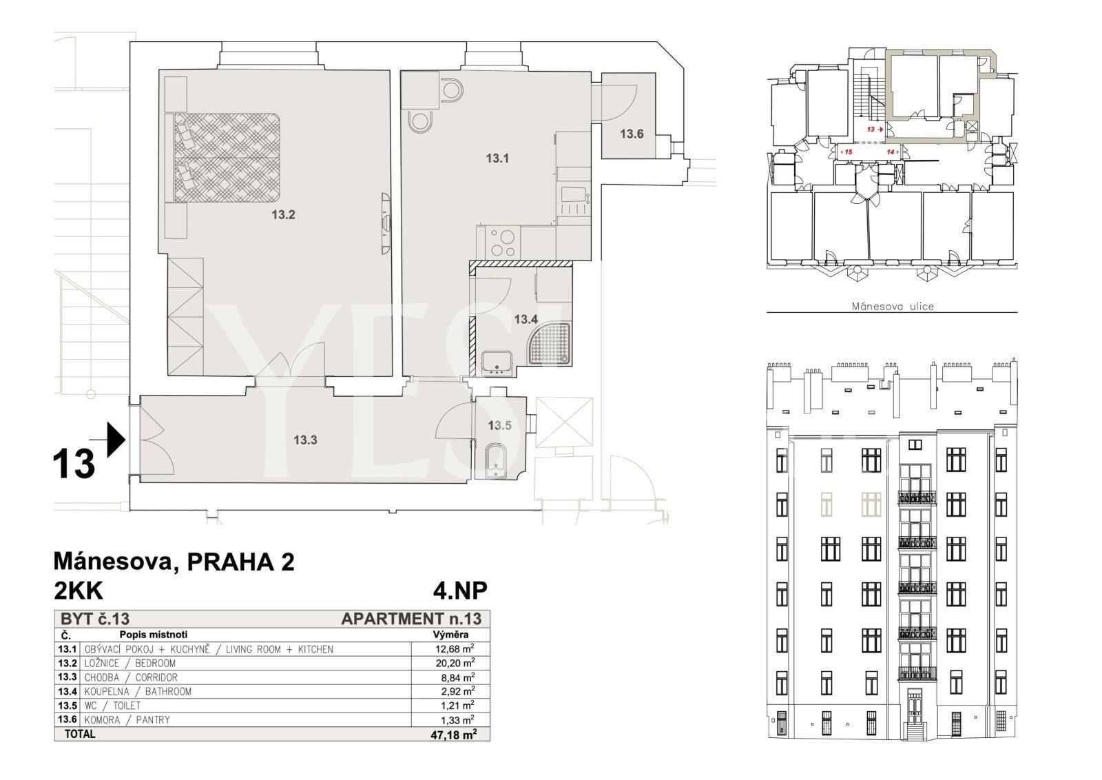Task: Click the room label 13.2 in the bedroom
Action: point(283,214)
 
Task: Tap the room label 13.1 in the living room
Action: point(497,158)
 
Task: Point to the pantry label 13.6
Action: point(632,134)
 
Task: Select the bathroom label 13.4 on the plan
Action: point(526,320)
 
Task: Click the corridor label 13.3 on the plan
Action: point(306,440)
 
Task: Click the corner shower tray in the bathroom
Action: point(550,344)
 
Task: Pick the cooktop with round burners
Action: point(503,243)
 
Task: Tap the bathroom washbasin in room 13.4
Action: point(497,363)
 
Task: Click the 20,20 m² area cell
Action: point(455,663)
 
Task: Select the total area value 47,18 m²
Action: point(453,735)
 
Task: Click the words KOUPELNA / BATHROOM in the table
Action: point(138,691)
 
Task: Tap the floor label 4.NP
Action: point(460,591)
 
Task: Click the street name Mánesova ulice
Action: point(893,306)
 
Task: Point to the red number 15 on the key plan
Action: point(848,152)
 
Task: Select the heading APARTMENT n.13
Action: point(411,619)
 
